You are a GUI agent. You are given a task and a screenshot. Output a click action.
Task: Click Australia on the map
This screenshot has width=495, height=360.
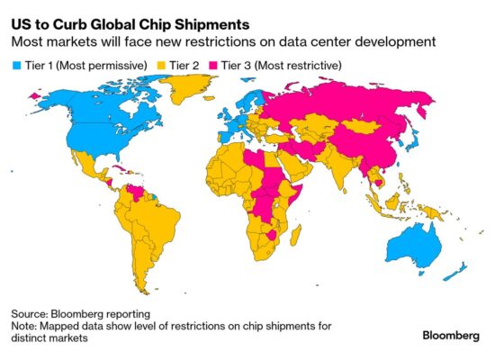tap(417, 241)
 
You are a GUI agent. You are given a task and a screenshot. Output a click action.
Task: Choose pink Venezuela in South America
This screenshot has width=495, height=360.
tap(134, 193)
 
